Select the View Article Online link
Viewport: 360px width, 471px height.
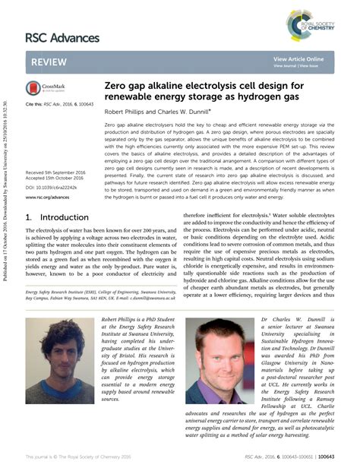298,58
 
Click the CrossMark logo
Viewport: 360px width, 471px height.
47,89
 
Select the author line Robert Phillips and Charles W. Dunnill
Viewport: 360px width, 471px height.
157,111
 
